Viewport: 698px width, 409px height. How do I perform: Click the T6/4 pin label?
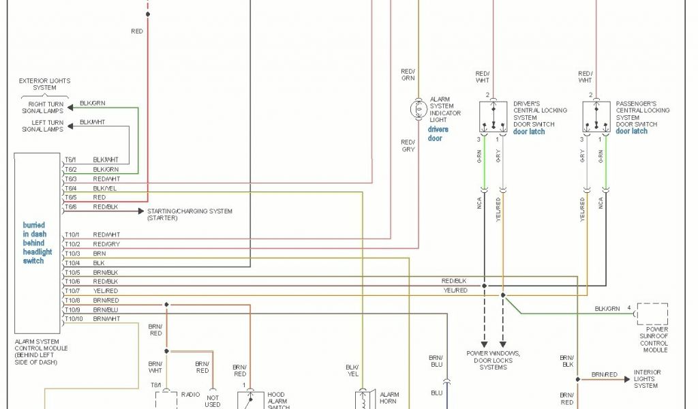[x=70, y=188]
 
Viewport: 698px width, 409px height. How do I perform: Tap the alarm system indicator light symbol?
[x=417, y=108]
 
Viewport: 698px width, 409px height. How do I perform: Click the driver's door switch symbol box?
[x=493, y=117]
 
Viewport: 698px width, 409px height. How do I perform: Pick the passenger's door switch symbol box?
[x=596, y=117]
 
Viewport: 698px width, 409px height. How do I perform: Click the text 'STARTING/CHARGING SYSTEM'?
[x=189, y=211]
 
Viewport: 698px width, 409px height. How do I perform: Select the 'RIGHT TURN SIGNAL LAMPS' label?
[x=42, y=107]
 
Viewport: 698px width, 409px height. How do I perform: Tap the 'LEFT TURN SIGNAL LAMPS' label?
[x=42, y=126]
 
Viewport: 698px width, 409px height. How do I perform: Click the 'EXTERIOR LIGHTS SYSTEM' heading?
[x=44, y=84]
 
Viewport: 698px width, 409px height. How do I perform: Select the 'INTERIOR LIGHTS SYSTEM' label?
[x=647, y=378]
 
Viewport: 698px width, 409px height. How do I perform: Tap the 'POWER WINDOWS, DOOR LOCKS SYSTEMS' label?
[x=493, y=360]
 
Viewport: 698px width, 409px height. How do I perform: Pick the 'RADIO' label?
[x=190, y=394]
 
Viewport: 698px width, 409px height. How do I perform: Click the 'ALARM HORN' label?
[x=389, y=398]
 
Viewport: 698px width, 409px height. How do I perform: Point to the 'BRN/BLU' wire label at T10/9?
[x=106, y=310]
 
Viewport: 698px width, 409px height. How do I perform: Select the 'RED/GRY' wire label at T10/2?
[x=106, y=244]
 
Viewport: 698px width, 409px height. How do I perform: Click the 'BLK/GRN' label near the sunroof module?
[x=607, y=309]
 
